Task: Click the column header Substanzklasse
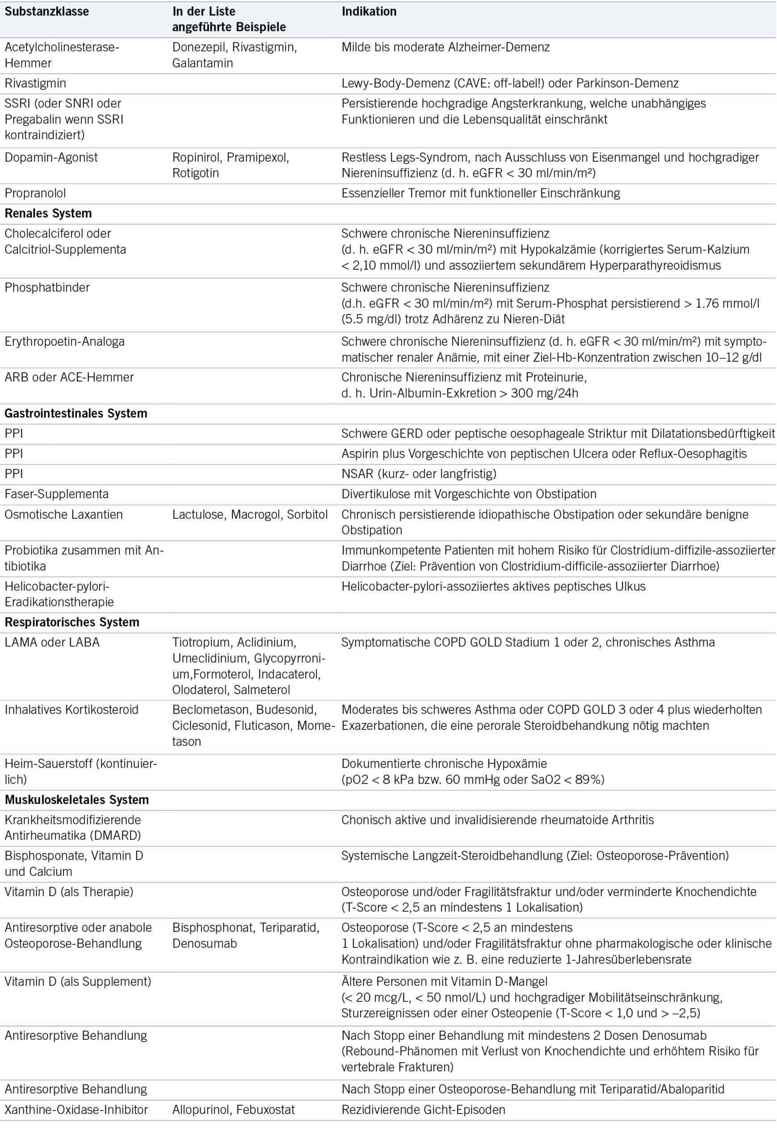click(x=47, y=12)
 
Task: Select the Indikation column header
click(x=369, y=12)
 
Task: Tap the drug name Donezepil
click(x=199, y=47)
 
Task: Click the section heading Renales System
click(x=48, y=213)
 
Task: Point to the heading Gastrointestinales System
click(x=76, y=413)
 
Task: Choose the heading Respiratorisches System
click(x=72, y=622)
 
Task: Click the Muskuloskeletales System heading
click(x=77, y=800)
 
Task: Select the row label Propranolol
click(x=35, y=193)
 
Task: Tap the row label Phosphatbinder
click(x=47, y=287)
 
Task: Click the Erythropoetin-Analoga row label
click(x=64, y=341)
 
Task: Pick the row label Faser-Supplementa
click(x=57, y=494)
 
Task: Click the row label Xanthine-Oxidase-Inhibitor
click(x=76, y=1110)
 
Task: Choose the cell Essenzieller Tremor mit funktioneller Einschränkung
click(x=480, y=193)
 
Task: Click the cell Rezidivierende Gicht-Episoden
click(x=423, y=1110)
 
